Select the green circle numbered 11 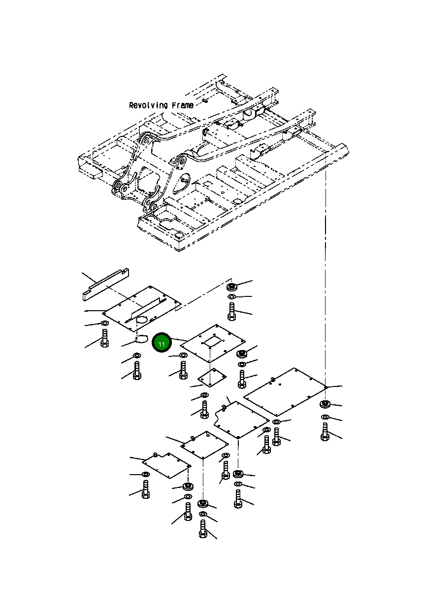click(x=161, y=343)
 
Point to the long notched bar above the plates click(x=105, y=284)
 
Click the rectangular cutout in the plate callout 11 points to click(x=213, y=340)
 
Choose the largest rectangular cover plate click(x=286, y=391)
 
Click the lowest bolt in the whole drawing click(x=202, y=532)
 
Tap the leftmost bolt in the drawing click(x=104, y=338)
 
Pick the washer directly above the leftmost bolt click(x=104, y=323)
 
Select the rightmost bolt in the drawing click(x=325, y=432)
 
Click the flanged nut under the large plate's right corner click(x=325, y=405)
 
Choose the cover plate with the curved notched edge click(x=240, y=419)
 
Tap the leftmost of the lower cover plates click(x=166, y=465)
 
